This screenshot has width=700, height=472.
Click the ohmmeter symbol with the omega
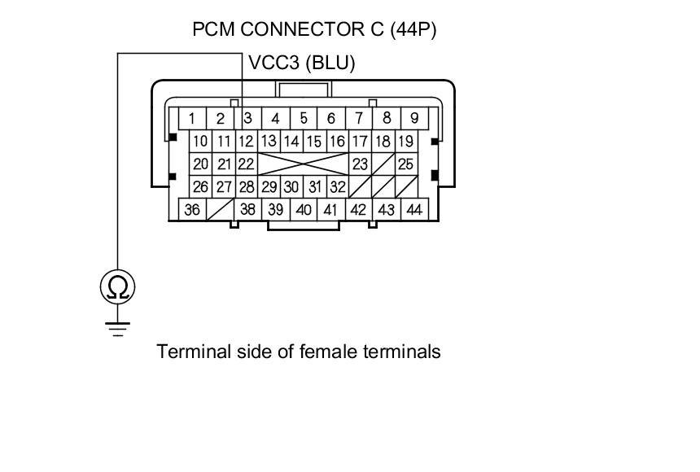pyautogui.click(x=118, y=286)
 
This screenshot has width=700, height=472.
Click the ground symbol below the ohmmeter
pyautogui.click(x=118, y=327)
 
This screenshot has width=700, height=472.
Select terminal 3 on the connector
pyautogui.click(x=247, y=118)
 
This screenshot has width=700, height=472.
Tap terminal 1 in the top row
pyautogui.click(x=191, y=118)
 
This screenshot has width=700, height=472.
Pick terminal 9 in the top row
pyautogui.click(x=414, y=118)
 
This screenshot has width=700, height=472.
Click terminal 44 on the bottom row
pyautogui.click(x=414, y=209)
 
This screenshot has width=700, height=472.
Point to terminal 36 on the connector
pyautogui.click(x=192, y=209)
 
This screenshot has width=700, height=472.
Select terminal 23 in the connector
pyautogui.click(x=360, y=164)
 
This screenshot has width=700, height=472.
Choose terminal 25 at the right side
pyautogui.click(x=405, y=164)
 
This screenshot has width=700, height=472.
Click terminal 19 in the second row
pyautogui.click(x=405, y=141)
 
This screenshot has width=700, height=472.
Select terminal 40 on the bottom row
pyautogui.click(x=304, y=209)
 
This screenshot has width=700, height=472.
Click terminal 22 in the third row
pyautogui.click(x=247, y=164)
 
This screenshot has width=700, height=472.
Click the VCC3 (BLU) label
pyautogui.click(x=301, y=63)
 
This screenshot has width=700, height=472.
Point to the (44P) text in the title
pyautogui.click(x=413, y=30)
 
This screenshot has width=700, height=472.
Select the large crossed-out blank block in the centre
pyautogui.click(x=303, y=164)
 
